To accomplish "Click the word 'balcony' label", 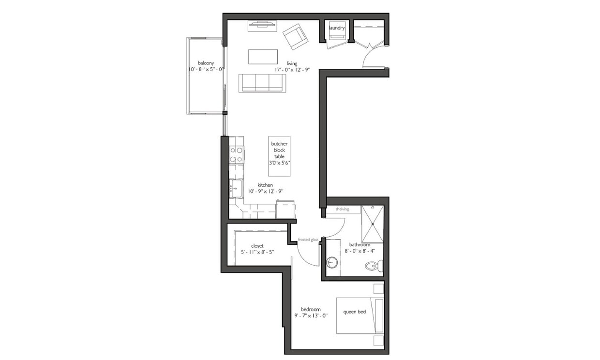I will point(206,63).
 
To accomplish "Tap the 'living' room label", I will point(292,63).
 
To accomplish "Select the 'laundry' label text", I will point(337,28).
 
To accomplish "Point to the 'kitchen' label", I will point(265,185).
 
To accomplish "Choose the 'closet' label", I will point(257,246).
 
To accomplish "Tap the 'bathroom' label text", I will point(360,245).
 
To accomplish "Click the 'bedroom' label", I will point(311,309).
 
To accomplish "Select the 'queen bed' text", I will point(355,312).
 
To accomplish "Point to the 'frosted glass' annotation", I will point(308,240).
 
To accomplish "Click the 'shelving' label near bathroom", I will point(342,209).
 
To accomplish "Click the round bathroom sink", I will point(332,263).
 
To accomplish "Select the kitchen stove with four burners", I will point(236,155).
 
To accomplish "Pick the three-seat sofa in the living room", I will point(262,83).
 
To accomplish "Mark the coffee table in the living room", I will point(263,57).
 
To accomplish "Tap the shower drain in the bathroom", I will point(373,224).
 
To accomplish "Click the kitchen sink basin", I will point(236,188).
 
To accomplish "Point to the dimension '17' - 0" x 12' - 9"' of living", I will point(292,70).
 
